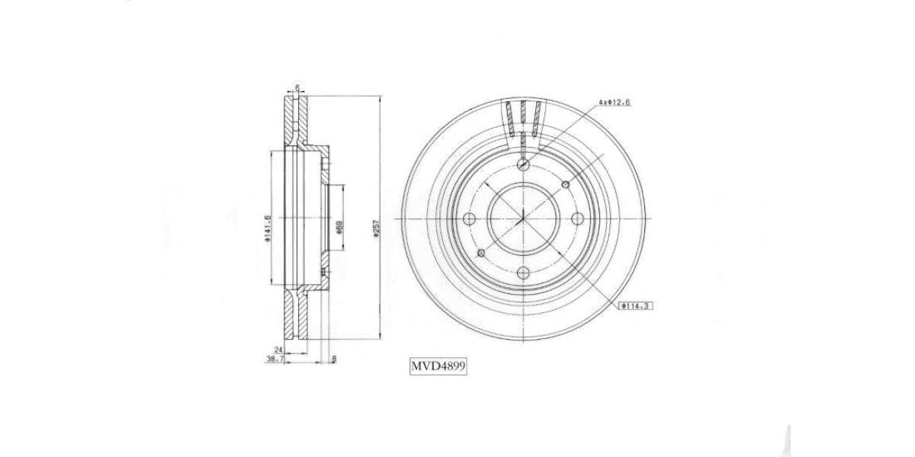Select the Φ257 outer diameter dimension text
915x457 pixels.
376,229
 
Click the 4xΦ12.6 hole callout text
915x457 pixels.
614,101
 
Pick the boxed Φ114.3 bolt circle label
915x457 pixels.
637,305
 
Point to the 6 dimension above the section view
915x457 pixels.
297,88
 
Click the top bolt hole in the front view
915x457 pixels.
523,165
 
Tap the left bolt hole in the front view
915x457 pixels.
469,220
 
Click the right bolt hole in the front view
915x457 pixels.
577,220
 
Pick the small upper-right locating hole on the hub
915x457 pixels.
565,184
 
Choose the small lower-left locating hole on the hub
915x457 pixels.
480,254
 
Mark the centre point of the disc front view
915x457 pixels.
523,220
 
